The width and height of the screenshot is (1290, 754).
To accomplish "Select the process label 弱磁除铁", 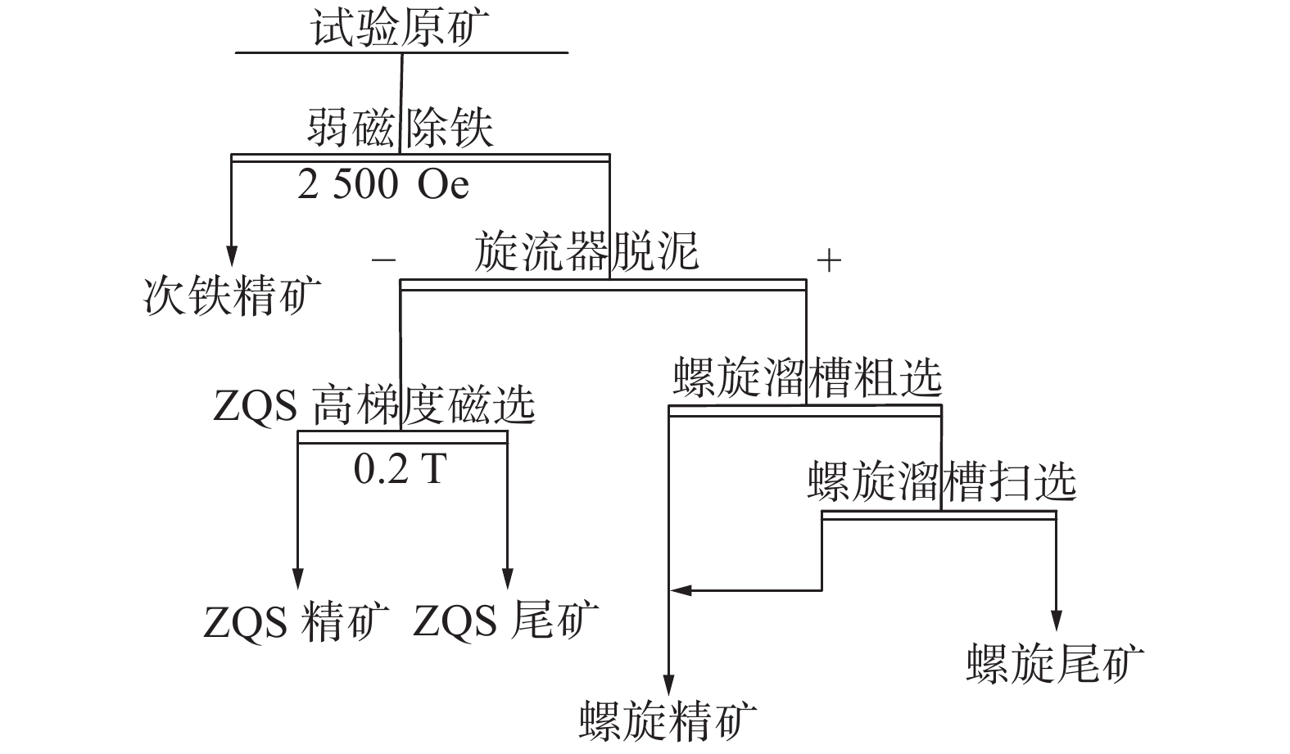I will point(401,129).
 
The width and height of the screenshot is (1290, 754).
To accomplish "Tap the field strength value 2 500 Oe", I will point(383,186).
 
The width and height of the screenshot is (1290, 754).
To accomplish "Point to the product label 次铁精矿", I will point(233,296).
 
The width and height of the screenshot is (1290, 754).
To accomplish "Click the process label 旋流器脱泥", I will point(586,251).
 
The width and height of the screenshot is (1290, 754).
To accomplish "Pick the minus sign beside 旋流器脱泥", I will point(383,260).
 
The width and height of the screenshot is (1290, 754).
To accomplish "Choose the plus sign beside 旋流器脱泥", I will point(829,260).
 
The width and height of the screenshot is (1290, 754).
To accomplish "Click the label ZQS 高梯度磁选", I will point(373,404).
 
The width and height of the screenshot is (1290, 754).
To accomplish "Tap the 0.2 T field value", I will point(400,468).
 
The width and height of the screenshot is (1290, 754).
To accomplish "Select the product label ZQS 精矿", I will point(296,621).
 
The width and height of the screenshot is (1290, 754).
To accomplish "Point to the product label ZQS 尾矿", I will point(505,621).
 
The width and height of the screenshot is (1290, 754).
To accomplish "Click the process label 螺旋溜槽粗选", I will point(808,378).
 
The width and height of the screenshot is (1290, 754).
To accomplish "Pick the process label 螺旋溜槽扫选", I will point(941,481).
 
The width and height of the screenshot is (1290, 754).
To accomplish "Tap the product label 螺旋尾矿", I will point(1055,663).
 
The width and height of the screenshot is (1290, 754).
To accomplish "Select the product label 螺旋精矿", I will point(668,720).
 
